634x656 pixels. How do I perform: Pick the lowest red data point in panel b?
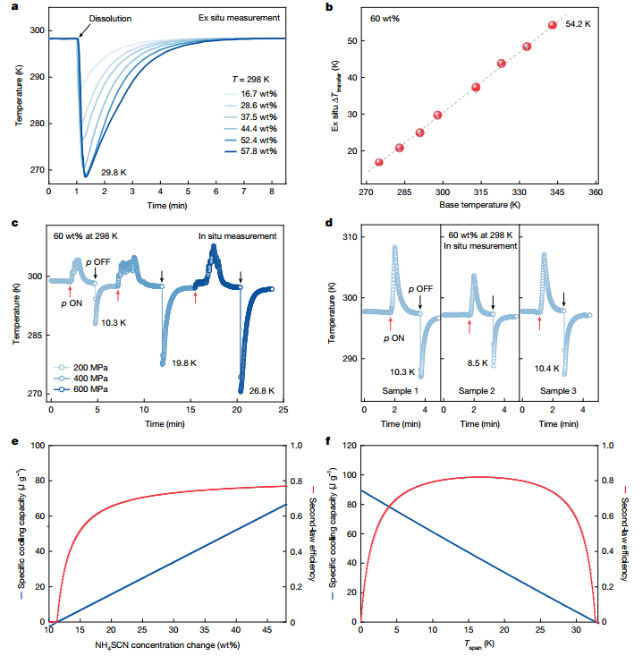[x=378, y=162]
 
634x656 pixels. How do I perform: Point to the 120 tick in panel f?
[x=349, y=446]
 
